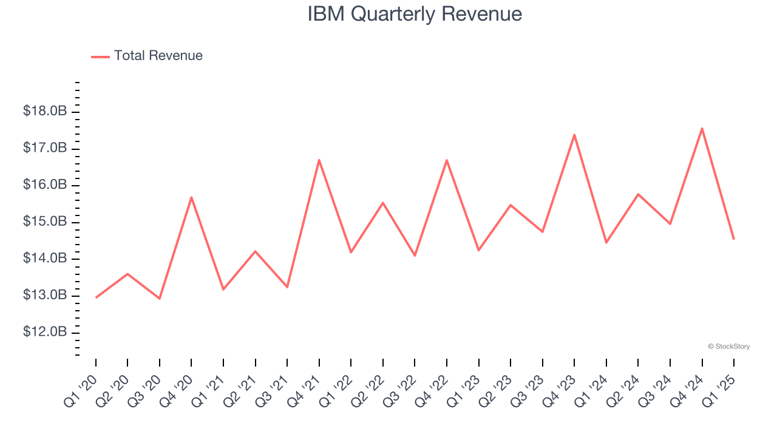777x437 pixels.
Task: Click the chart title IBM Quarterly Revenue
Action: (x=415, y=14)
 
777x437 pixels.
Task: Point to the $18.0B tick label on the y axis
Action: (x=45, y=112)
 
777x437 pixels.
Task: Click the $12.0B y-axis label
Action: (x=45, y=333)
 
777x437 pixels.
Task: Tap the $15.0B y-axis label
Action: (x=45, y=222)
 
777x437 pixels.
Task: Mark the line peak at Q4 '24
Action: (x=702, y=128)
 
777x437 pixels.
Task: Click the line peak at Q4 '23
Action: (x=574, y=135)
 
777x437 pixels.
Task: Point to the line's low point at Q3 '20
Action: (x=160, y=299)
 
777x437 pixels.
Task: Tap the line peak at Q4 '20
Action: (x=191, y=197)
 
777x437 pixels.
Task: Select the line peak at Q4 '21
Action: (x=319, y=160)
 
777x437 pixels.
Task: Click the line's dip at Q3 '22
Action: (x=415, y=256)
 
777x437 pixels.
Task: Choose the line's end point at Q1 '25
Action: (x=733, y=239)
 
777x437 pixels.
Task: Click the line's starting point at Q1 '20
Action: (x=96, y=297)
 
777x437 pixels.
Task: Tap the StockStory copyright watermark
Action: (x=728, y=347)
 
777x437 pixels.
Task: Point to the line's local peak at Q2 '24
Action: (x=638, y=194)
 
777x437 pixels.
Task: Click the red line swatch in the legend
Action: (x=100, y=56)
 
